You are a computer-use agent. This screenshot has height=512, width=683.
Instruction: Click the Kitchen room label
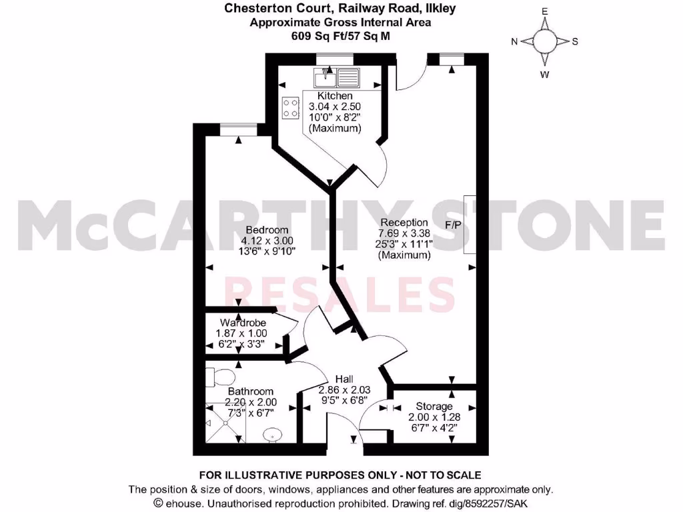(335, 97)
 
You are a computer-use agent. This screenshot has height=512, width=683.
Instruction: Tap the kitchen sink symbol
(337, 77)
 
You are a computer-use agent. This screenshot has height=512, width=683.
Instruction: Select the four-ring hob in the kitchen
(291, 108)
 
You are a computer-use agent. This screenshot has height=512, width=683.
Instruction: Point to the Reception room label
(404, 223)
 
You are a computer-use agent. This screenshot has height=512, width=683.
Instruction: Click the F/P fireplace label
(454, 225)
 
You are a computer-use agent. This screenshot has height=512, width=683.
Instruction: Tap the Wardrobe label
(240, 323)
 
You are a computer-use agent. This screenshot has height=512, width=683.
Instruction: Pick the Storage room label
(434, 407)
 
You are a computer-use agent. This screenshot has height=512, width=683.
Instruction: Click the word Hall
(344, 379)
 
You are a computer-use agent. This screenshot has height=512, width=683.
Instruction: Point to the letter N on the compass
(515, 41)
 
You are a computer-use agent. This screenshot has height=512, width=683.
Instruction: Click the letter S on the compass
(575, 41)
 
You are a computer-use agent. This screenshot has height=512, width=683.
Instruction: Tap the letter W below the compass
(545, 75)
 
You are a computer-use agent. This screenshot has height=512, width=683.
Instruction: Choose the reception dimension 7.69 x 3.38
(404, 233)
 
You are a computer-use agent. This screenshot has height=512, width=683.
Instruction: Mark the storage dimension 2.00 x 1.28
(434, 417)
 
